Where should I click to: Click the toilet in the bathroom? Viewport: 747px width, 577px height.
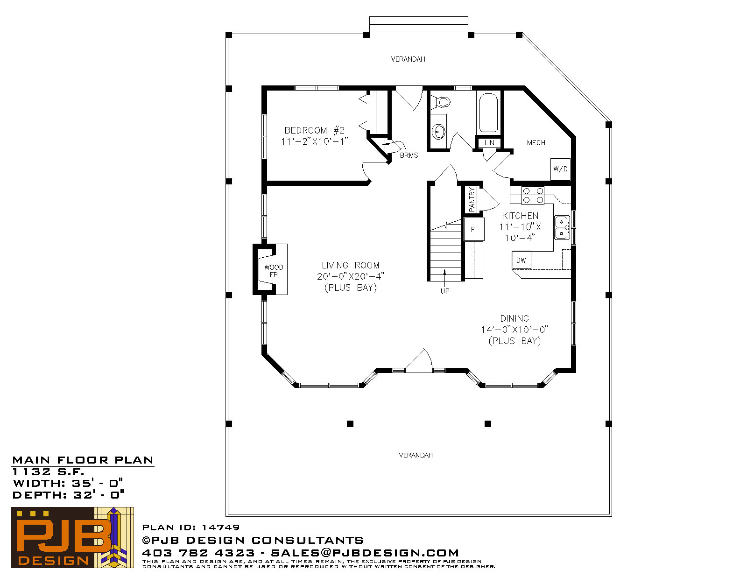pos(441,101)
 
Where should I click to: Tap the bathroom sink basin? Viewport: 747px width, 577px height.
pos(438,132)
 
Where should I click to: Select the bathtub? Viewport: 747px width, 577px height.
pos(488,113)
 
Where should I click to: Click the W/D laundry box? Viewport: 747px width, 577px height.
pos(560,169)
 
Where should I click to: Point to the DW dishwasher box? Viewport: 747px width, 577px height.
pos(521,260)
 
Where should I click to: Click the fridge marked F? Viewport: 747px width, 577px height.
pos(473,229)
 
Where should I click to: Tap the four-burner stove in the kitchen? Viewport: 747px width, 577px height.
pos(533,196)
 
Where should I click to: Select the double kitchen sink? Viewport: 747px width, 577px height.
pos(562,227)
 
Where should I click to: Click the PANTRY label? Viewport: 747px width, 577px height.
pos(472,200)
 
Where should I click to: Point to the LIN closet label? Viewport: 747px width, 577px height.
pos(489,143)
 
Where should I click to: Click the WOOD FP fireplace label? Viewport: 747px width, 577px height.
pos(274,271)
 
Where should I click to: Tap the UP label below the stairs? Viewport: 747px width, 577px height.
pos(445,291)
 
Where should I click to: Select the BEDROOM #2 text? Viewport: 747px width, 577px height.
pos(314,131)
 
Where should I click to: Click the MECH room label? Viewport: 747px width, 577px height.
pos(536,143)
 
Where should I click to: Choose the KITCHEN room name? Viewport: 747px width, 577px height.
pos(520,216)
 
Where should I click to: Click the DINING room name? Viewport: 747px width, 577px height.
pos(514,318)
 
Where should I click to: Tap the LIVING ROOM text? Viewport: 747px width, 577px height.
pos(350,265)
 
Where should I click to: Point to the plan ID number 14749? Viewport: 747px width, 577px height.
pos(220,527)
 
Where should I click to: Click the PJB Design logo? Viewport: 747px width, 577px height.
pos(72,538)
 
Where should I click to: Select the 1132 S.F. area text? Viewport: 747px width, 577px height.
pos(48,471)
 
